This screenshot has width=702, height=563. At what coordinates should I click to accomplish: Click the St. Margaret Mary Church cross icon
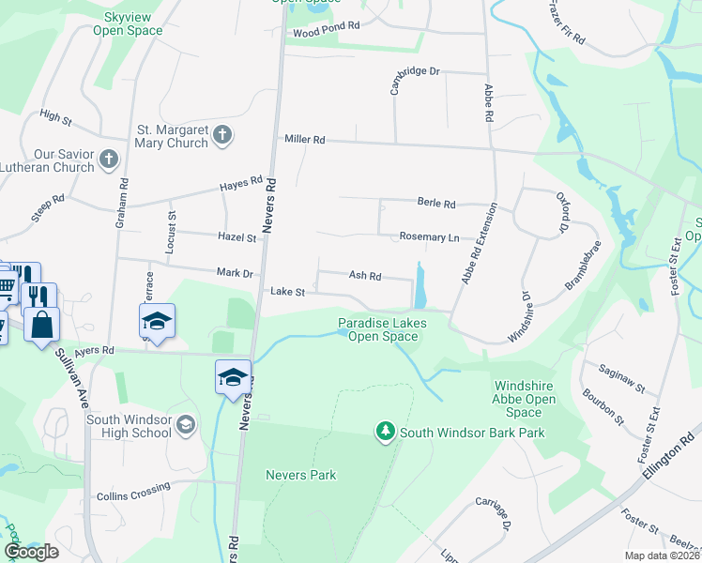point(222,134)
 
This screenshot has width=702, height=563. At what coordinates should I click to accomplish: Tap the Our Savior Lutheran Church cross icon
point(109,159)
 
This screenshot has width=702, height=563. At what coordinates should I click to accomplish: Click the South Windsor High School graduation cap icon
point(186,426)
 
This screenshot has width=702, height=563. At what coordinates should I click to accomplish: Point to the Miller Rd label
point(305,140)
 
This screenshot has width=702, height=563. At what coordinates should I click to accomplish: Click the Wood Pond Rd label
point(327,30)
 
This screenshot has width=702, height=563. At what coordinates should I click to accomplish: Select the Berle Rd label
point(435,203)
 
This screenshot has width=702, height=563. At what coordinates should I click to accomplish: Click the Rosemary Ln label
point(429,237)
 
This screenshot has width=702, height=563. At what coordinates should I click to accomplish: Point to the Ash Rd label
point(365,276)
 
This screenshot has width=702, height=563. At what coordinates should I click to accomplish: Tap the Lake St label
point(288,292)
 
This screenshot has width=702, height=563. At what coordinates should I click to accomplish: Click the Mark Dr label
point(235,273)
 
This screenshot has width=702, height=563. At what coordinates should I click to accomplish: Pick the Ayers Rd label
point(95,350)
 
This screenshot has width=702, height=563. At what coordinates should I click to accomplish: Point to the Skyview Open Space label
point(128,24)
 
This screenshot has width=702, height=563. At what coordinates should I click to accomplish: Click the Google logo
point(31,552)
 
